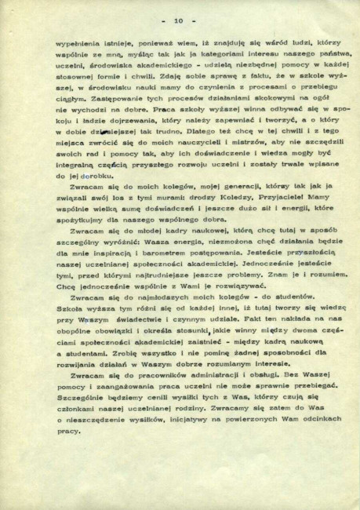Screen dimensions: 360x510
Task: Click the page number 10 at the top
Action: coord(179,19)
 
